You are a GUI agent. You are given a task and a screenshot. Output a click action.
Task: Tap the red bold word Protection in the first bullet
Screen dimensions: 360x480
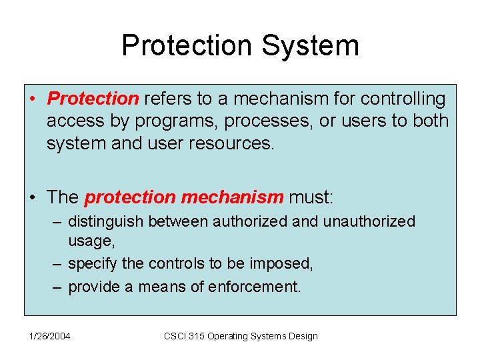click(x=93, y=99)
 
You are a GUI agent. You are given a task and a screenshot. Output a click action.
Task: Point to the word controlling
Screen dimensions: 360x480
click(x=403, y=99)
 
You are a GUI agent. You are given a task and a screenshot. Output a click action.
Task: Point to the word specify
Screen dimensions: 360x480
click(x=93, y=264)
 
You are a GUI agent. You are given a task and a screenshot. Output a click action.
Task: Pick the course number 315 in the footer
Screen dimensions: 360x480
click(x=197, y=336)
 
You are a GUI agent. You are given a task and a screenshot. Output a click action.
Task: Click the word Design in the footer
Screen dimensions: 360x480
click(x=303, y=336)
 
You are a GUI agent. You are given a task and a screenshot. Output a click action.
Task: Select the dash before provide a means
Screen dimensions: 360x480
click(x=58, y=287)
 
